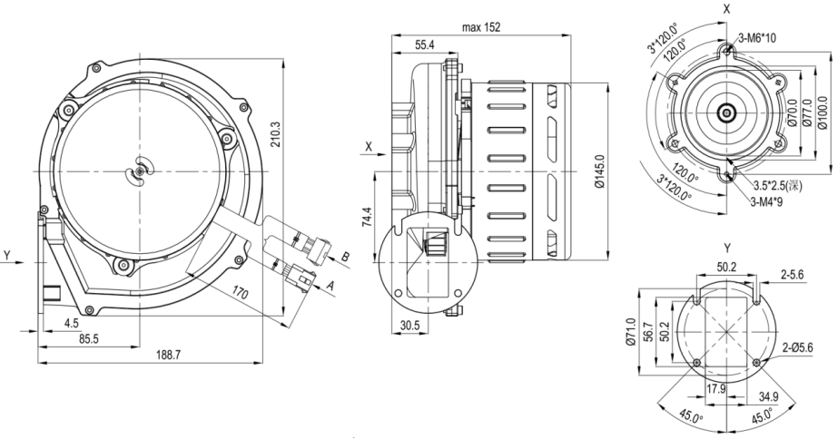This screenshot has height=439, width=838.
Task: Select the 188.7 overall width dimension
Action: point(166,355)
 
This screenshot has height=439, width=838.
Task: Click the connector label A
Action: point(330,287)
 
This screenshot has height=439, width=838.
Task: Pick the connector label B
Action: point(345,257)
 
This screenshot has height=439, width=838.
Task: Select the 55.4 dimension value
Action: point(424,44)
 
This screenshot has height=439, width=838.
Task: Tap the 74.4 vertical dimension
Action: point(368,218)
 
